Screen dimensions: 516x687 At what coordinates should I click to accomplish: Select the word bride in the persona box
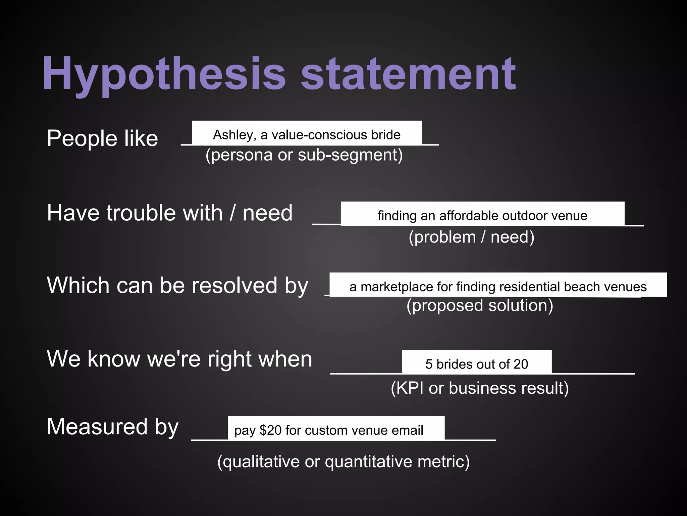pos(386,135)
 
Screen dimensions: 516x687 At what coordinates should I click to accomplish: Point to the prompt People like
pos(102,138)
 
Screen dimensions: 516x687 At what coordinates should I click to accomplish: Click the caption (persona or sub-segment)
pos(304,155)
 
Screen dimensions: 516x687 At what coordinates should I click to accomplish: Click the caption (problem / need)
pos(471,237)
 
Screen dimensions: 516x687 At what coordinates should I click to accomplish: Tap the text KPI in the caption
pos(410,388)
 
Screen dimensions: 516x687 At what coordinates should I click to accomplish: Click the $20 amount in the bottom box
pos(271,430)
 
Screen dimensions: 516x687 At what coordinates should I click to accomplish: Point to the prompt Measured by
pos(112,427)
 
